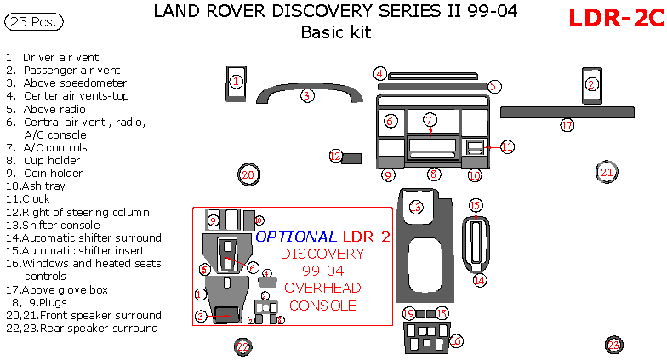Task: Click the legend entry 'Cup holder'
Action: pyautogui.click(x=52, y=160)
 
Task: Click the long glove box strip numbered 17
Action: pyautogui.click(x=567, y=112)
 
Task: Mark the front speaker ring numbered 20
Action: pyautogui.click(x=248, y=174)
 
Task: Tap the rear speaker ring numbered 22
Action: pyautogui.click(x=243, y=346)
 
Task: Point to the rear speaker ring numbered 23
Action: pyautogui.click(x=613, y=345)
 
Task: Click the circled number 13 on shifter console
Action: pyautogui.click(x=415, y=207)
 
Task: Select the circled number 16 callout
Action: pyautogui.click(x=456, y=340)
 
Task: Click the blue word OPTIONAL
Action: pyautogui.click(x=296, y=237)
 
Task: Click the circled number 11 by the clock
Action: pyautogui.click(x=507, y=146)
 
